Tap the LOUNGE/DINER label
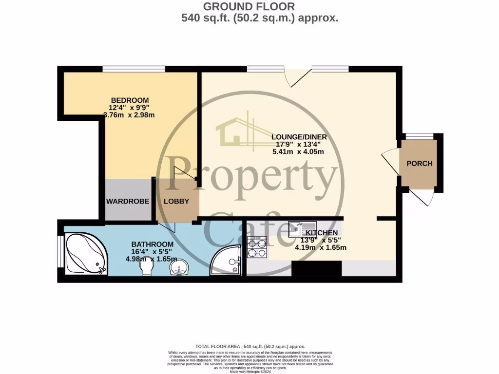(299, 137)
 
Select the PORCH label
(419, 164)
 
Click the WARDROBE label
(128, 201)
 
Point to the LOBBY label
(176, 201)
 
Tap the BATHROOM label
(153, 244)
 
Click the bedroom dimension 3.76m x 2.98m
(129, 115)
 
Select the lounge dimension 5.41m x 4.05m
(299, 151)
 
